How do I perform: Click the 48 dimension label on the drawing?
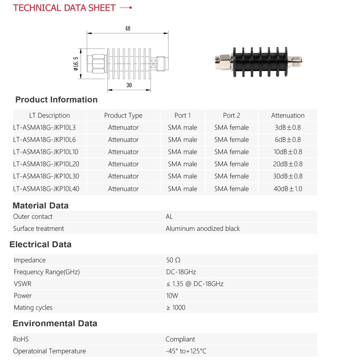(x=128, y=28)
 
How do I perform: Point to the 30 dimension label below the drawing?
(x=129, y=85)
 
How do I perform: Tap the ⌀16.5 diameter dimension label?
(x=76, y=63)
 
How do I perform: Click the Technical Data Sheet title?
(x=64, y=8)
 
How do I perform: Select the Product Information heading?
(x=57, y=99)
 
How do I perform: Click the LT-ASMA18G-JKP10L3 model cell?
(x=44, y=127)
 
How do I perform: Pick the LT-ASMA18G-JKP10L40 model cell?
(x=46, y=189)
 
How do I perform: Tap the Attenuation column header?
(x=288, y=115)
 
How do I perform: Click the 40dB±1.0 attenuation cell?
(x=288, y=189)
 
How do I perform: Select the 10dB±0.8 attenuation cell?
(x=288, y=152)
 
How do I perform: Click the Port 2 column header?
(x=232, y=115)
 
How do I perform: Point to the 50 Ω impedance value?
(x=173, y=260)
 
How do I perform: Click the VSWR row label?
(x=23, y=284)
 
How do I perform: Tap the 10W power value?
(x=172, y=295)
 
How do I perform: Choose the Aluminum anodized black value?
(x=203, y=229)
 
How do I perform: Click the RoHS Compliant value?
(x=180, y=339)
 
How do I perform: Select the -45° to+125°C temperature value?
(x=186, y=351)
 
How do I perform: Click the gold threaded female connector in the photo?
(x=295, y=61)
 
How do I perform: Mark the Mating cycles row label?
(x=33, y=308)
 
